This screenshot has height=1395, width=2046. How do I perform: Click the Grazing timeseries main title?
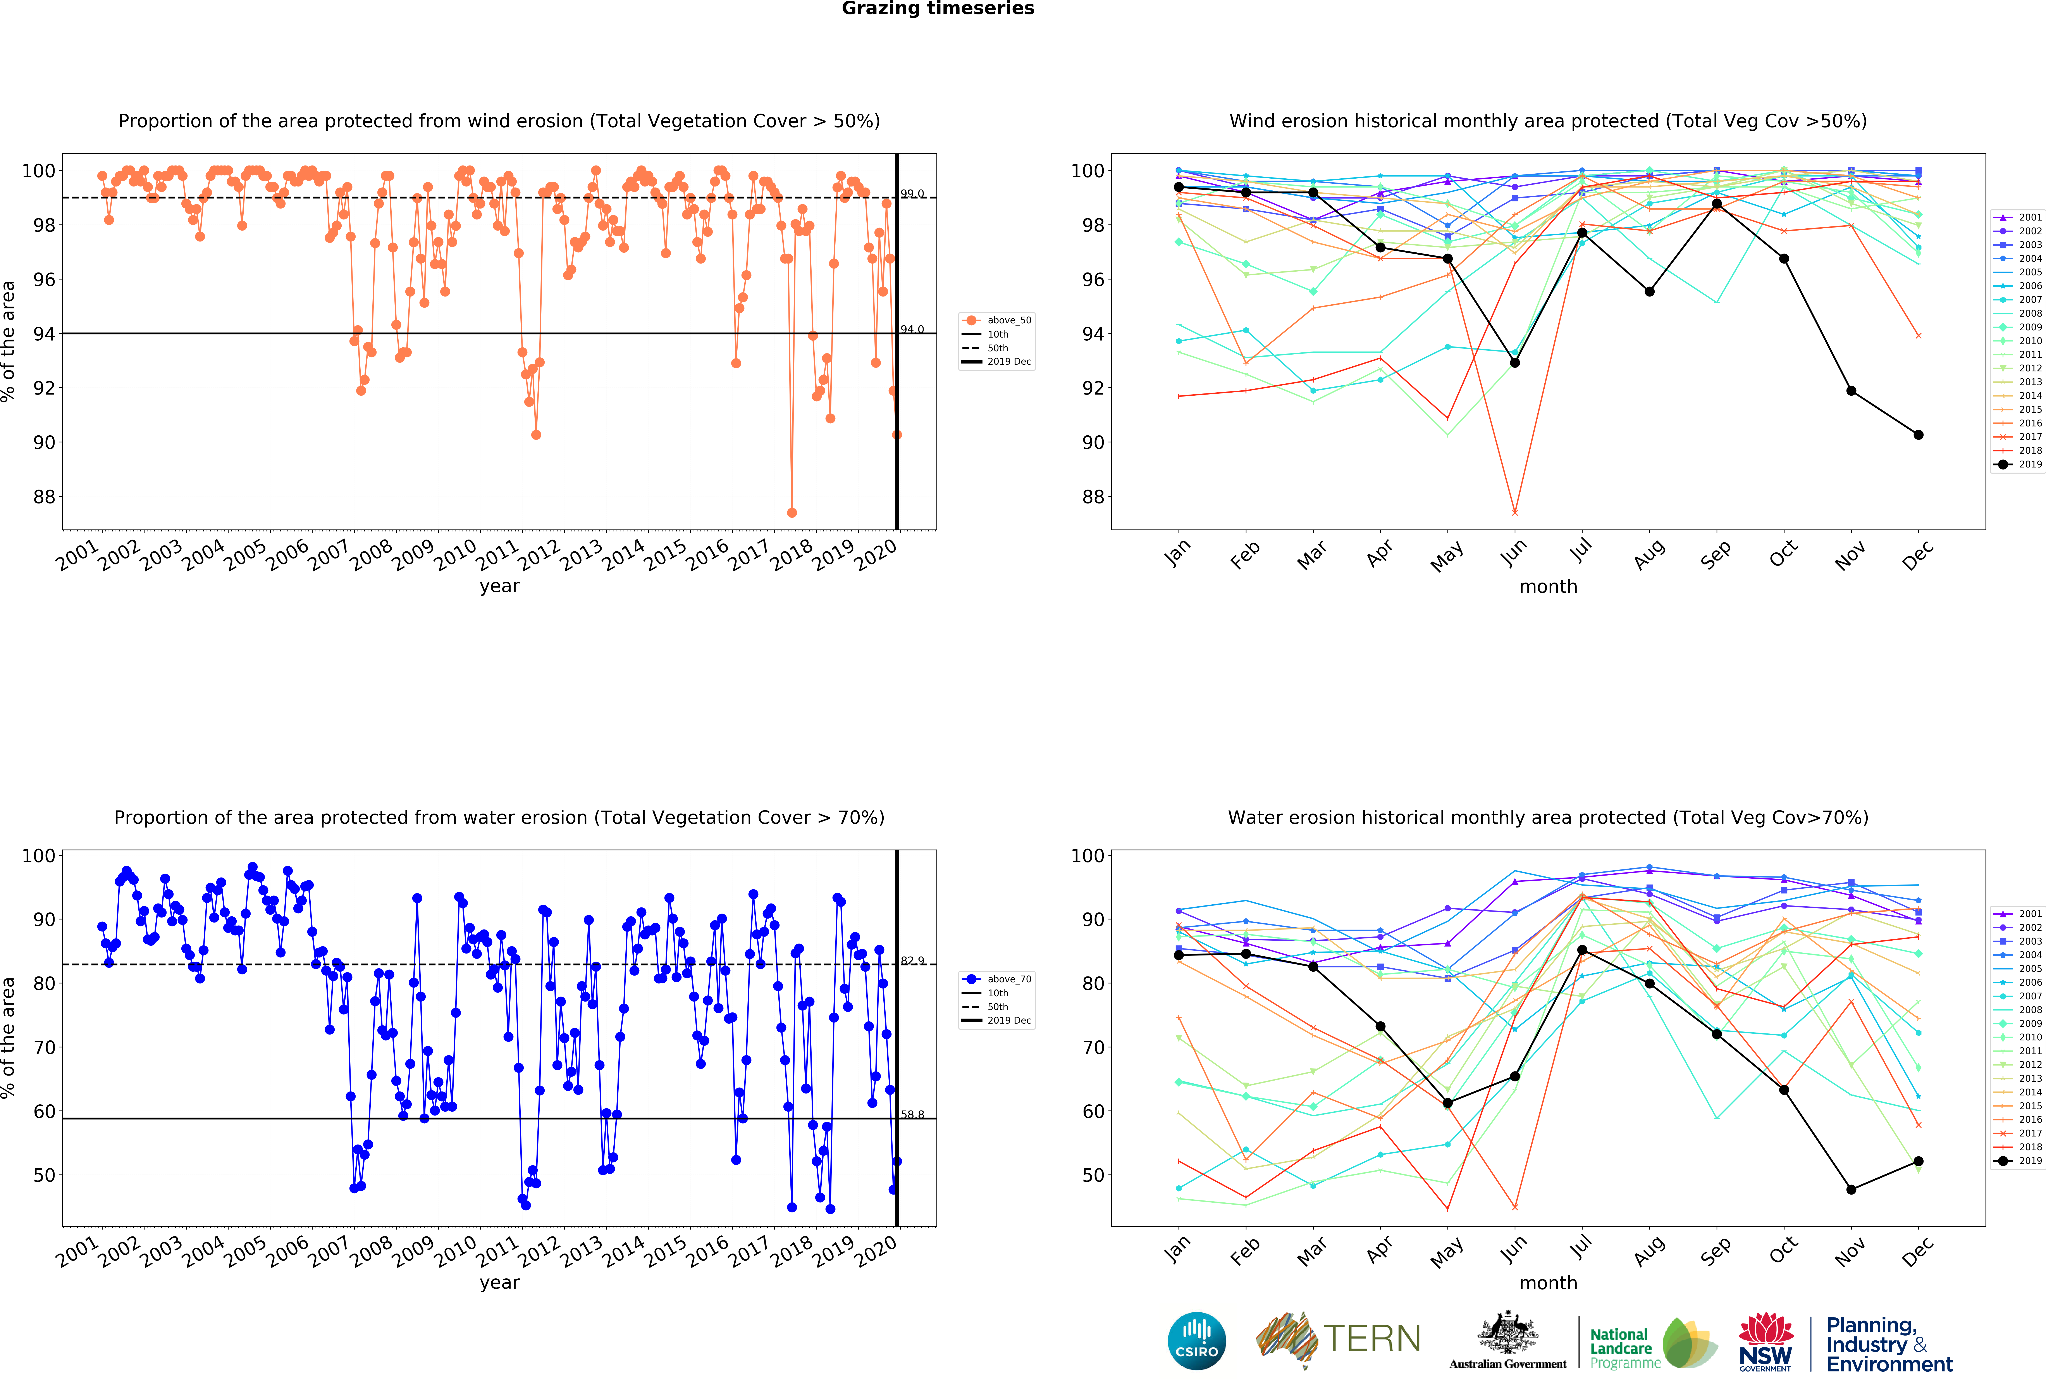pyautogui.click(x=938, y=9)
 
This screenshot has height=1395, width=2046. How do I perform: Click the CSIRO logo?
pyautogui.click(x=1196, y=1341)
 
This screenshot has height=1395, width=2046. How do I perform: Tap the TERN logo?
pyautogui.click(x=1338, y=1340)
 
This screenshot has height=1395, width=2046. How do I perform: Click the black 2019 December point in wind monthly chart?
pyautogui.click(x=1918, y=435)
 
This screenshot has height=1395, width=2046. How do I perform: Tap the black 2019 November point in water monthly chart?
pyautogui.click(x=1852, y=1190)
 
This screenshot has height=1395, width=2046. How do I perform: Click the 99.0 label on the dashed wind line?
pyautogui.click(x=912, y=194)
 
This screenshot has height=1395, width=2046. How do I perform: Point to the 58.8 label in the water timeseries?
pyautogui.click(x=912, y=1115)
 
